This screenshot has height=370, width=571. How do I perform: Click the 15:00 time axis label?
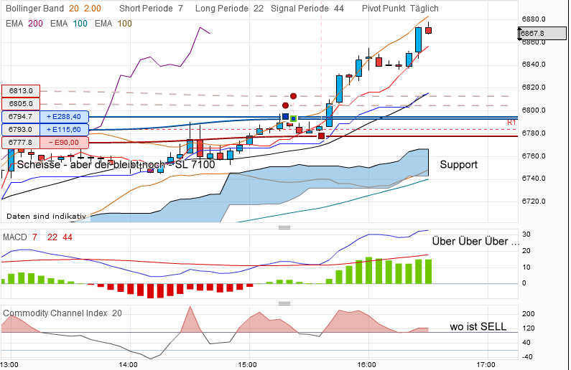pyautogui.click(x=248, y=364)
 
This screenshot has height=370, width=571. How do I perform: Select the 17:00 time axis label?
pyautogui.click(x=486, y=364)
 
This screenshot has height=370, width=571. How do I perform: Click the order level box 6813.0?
pyautogui.click(x=22, y=90)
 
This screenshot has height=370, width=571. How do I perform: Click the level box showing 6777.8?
pyautogui.click(x=22, y=143)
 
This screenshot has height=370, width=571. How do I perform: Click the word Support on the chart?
pyautogui.click(x=458, y=165)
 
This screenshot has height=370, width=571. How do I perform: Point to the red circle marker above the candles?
pyautogui.click(x=293, y=95)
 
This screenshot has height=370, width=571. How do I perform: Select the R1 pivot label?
pyautogui.click(x=511, y=123)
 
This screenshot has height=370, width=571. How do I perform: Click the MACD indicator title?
pyautogui.click(x=15, y=237)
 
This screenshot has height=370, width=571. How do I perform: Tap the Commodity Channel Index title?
pyautogui.click(x=56, y=313)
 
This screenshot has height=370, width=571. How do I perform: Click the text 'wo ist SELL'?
pyautogui.click(x=478, y=327)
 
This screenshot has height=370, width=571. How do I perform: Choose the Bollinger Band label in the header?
pyautogui.click(x=33, y=8)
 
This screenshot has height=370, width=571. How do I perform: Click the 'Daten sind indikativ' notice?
pyautogui.click(x=46, y=216)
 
